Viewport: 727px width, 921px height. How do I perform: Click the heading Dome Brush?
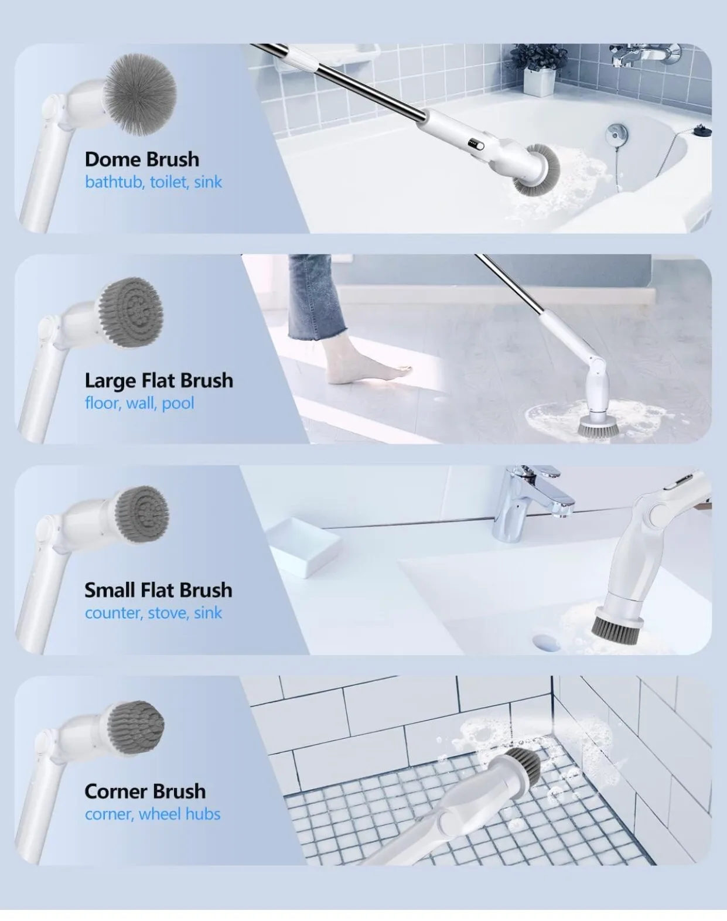pyautogui.click(x=142, y=159)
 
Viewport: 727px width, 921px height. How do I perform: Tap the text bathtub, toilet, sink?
pyautogui.click(x=153, y=182)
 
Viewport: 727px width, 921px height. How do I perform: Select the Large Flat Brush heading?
pyautogui.click(x=159, y=381)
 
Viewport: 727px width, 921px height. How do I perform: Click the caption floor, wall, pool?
pyautogui.click(x=139, y=403)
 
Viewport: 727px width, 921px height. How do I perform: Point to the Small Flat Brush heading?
pyautogui.click(x=158, y=590)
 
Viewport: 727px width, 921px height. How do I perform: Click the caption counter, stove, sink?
pyautogui.click(x=153, y=613)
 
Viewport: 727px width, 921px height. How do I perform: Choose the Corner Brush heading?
pyautogui.click(x=145, y=792)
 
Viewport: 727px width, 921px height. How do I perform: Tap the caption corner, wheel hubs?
pyautogui.click(x=152, y=814)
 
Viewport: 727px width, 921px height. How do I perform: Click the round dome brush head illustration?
pyautogui.click(x=139, y=93)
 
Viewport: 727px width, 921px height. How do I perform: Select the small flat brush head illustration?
pyautogui.click(x=141, y=514)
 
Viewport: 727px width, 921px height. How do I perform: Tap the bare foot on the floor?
pyautogui.click(x=369, y=372)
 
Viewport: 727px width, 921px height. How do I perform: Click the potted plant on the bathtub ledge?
pyautogui.click(x=539, y=73)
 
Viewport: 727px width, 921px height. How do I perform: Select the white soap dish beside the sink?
pyautogui.click(x=302, y=548)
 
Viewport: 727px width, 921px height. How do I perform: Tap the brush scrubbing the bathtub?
pyautogui.click(x=537, y=170)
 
